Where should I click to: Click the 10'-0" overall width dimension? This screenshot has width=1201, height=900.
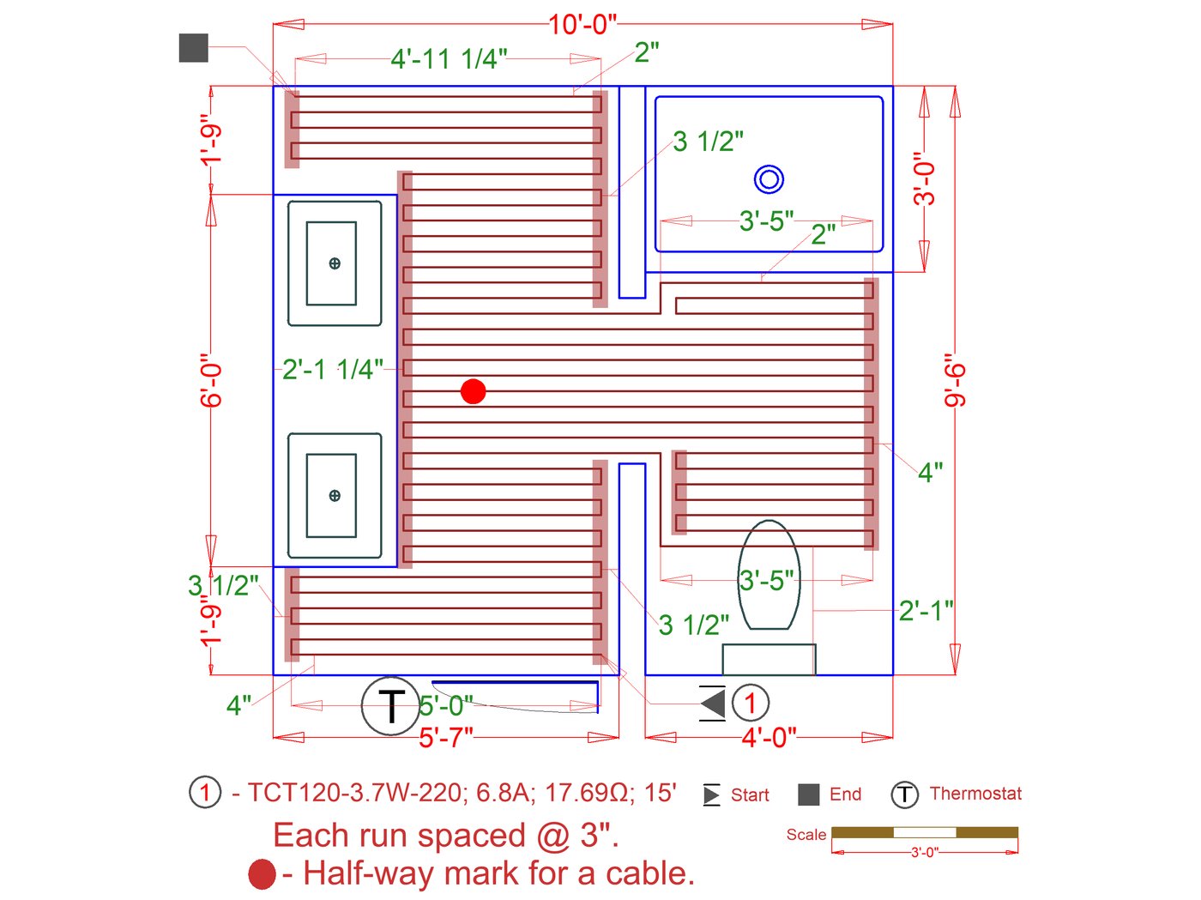point(582,24)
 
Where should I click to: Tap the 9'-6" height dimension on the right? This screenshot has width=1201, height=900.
point(955,380)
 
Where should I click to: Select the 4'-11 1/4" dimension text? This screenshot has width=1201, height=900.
point(449,58)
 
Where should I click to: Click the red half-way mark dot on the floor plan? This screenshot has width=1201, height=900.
point(473,391)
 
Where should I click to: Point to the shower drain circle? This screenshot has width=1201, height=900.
point(769,179)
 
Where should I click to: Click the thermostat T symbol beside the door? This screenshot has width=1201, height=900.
point(390,705)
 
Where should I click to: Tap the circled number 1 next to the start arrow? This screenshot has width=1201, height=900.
point(751,704)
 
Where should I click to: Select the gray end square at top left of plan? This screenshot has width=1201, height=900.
point(194,48)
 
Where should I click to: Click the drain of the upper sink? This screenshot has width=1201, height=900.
point(335,263)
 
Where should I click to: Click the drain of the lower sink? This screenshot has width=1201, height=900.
point(335,495)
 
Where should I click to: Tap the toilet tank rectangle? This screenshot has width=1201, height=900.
point(769,659)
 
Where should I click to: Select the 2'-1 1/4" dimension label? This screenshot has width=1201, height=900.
point(333,370)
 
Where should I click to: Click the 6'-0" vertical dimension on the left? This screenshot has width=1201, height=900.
point(211,380)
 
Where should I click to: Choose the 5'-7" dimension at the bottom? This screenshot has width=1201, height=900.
point(446,737)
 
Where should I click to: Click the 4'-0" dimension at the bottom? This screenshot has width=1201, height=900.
point(769,737)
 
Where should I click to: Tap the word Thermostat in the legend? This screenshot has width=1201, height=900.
point(975,794)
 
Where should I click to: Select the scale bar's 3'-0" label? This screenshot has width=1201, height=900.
point(924,853)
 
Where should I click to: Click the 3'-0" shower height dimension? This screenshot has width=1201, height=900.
point(924,178)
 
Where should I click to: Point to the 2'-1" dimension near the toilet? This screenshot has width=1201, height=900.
point(926,611)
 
